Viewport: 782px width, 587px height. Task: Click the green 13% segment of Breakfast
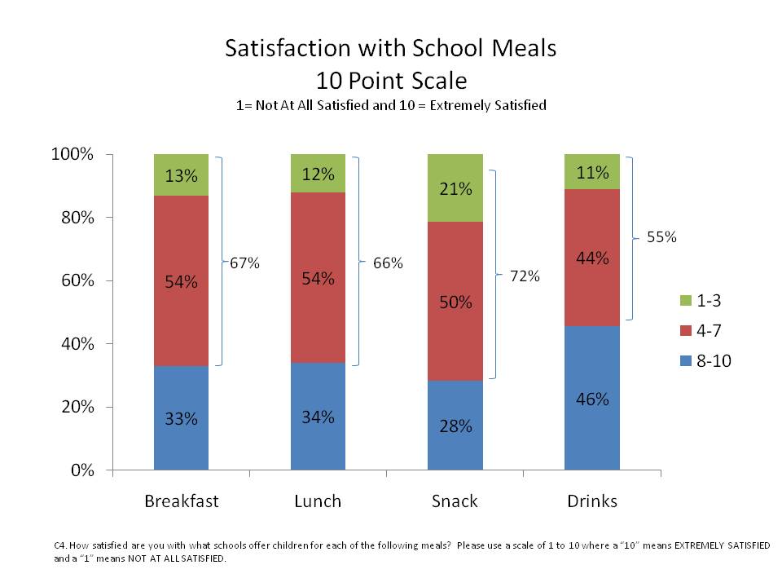181,174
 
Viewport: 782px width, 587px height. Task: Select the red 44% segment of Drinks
591,258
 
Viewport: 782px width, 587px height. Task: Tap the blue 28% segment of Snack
455,425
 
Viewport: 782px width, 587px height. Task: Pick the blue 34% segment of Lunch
318,417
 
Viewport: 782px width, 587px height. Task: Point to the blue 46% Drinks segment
591,399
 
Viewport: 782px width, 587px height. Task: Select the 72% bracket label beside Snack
525,276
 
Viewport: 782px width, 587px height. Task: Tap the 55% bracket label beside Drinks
661,238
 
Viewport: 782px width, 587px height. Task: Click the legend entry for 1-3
697,301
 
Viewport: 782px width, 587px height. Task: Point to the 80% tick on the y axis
80,218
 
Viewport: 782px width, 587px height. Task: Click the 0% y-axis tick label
84,470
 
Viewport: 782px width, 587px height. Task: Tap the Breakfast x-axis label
181,501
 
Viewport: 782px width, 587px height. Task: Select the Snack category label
455,501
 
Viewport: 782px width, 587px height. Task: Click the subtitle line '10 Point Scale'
391,81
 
